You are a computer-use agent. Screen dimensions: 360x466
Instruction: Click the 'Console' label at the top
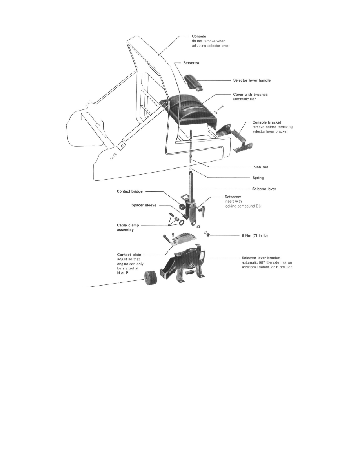tap(199, 36)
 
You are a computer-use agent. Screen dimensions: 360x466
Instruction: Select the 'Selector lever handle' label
tap(252, 80)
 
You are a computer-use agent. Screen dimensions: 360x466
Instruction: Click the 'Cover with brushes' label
tap(250, 95)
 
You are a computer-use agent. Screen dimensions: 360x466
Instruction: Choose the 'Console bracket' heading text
tap(266, 122)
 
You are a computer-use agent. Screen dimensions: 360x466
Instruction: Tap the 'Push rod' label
tap(260, 167)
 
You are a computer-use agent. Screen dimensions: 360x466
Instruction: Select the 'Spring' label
tap(258, 178)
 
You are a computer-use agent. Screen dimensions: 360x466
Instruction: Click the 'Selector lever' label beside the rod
tap(264, 189)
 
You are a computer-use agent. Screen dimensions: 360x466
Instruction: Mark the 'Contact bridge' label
tap(129, 191)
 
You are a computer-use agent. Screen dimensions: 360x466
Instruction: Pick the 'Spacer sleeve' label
tap(144, 205)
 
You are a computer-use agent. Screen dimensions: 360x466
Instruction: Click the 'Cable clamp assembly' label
tap(128, 228)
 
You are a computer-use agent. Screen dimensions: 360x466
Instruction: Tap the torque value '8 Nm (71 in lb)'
tap(255, 235)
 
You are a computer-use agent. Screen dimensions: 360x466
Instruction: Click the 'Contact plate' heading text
tap(129, 255)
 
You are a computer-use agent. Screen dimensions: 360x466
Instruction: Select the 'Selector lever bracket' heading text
tap(261, 258)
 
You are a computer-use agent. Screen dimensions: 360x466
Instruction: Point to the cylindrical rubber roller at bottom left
tap(151, 279)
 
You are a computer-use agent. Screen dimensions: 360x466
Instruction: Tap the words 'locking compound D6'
tap(242, 206)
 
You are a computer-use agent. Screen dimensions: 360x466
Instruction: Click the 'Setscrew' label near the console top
tap(191, 63)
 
